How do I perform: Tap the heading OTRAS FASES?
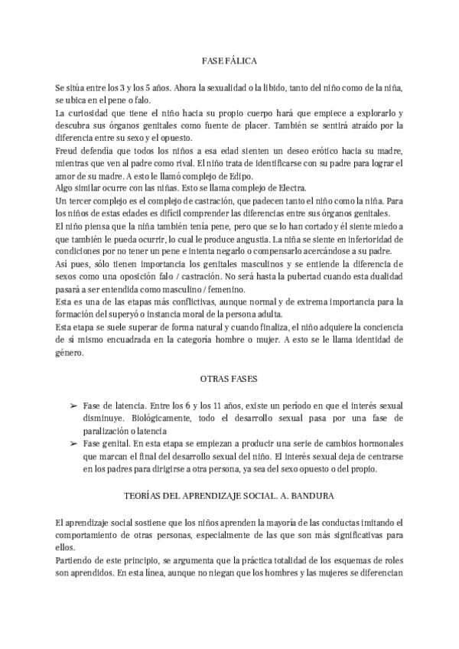tap(229, 378)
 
